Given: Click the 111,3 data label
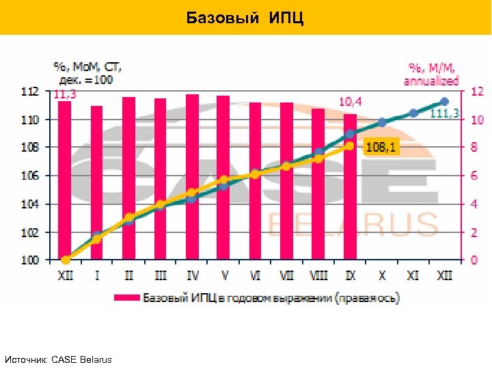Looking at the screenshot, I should pyautogui.click(x=445, y=113).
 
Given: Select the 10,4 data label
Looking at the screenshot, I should pyautogui.click(x=351, y=102).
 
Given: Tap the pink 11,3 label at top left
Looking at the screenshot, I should pyautogui.click(x=65, y=95).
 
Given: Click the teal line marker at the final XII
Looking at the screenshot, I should pyautogui.click(x=445, y=102).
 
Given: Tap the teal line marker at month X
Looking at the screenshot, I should pyautogui.click(x=382, y=122).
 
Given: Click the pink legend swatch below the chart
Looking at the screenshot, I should pyautogui.click(x=127, y=298).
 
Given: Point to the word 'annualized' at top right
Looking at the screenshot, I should pyautogui.click(x=431, y=81).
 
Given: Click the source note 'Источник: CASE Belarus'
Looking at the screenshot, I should pyautogui.click(x=58, y=359).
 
